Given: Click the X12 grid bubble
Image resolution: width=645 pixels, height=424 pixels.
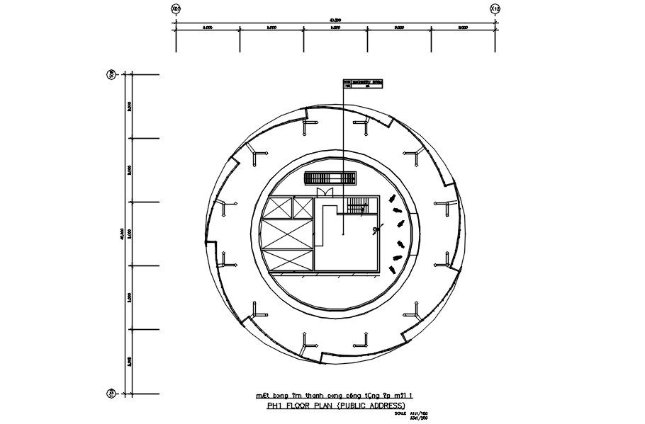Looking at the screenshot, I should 495,8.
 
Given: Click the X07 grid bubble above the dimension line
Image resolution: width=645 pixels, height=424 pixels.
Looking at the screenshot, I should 176,8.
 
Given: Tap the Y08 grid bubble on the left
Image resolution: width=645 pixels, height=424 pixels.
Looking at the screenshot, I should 111,74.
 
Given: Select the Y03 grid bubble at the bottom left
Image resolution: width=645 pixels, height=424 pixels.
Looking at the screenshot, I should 111,393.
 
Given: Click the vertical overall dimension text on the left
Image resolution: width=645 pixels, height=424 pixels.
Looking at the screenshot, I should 123,233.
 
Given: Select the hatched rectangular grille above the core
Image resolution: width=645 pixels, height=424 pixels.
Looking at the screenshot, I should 329,178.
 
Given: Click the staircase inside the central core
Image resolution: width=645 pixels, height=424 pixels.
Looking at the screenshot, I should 357,205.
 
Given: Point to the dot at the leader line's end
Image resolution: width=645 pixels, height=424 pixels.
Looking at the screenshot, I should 343,231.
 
